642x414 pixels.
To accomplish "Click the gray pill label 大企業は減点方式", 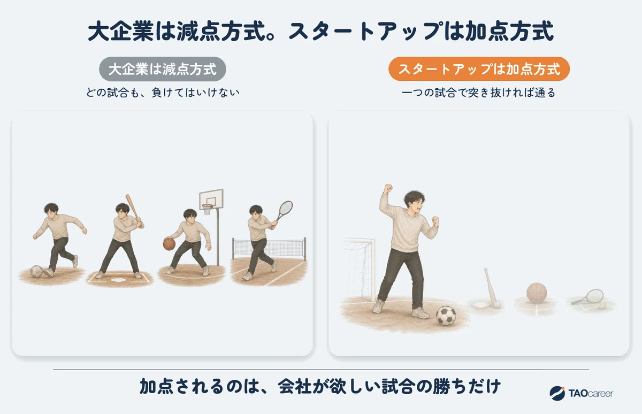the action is (x=163, y=69).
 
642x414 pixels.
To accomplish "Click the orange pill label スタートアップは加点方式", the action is (x=479, y=69).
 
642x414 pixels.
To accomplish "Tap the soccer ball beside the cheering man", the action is (x=446, y=316).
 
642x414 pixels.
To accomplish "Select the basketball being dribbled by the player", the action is (x=169, y=244).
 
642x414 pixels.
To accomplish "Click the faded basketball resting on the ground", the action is (x=537, y=293).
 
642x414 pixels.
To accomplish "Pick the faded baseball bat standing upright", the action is (x=491, y=287).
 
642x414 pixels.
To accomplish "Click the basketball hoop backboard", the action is (x=211, y=200).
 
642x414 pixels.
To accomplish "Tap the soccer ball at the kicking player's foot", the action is (x=36, y=271).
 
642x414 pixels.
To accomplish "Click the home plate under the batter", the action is (x=118, y=280).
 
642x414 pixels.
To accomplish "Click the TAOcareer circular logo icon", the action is (x=557, y=393).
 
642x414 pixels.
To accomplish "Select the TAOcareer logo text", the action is (x=591, y=393).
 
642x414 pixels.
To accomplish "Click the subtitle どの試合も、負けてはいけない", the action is (x=163, y=93).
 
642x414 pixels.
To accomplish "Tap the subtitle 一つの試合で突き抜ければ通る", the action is (x=478, y=93).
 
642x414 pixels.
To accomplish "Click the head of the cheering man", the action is (x=414, y=202).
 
